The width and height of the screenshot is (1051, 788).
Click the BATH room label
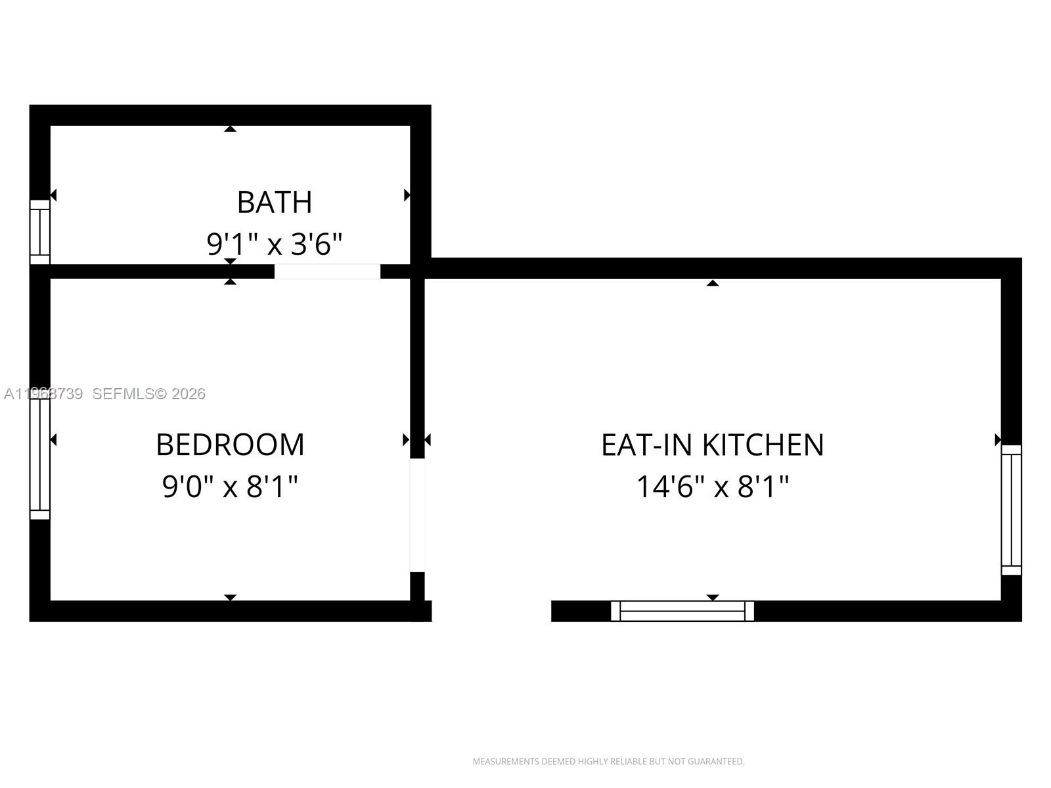coord(274,202)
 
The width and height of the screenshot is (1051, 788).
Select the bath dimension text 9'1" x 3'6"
coord(274,244)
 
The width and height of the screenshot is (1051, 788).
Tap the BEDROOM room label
coord(230,445)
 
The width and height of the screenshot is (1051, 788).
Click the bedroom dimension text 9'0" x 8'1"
coord(230,487)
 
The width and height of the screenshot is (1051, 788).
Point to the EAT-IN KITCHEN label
coord(712,445)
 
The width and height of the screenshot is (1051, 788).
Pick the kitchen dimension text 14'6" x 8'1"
coord(712,487)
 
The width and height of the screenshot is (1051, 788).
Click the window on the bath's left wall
coord(40,232)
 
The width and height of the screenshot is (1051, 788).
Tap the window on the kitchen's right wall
coord(1011,510)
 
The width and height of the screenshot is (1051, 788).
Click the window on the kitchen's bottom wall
coord(682,611)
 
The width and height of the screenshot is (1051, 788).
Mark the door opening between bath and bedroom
coord(327,271)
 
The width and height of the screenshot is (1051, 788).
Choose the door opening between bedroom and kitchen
coord(417,515)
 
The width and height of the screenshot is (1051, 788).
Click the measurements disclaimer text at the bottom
coord(608,762)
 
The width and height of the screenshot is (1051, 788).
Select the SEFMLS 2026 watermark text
coord(148,394)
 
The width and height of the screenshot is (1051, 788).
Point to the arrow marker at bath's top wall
coord(230,129)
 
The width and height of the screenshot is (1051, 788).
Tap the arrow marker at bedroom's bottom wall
coord(230,598)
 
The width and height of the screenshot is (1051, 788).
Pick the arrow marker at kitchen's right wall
coord(997,439)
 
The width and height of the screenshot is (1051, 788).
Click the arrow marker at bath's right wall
coord(407,195)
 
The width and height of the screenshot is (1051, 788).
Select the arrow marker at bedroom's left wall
coord(54,439)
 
